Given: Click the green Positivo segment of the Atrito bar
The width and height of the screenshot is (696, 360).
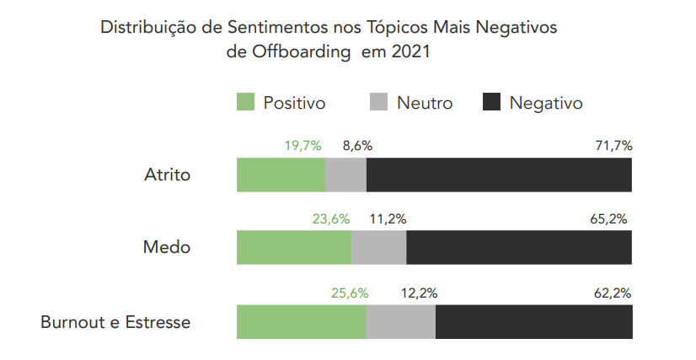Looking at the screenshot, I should tap(281, 175).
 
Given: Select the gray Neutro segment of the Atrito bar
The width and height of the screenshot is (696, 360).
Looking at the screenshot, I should tap(345, 175).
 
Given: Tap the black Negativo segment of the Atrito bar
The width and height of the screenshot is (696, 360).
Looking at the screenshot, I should tap(499, 175).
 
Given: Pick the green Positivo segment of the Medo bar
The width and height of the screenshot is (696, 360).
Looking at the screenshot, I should tap(294, 248).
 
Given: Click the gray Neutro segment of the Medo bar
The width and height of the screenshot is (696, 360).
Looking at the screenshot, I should tap(378, 248).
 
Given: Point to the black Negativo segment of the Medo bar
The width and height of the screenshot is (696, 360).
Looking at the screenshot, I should tap(519, 248).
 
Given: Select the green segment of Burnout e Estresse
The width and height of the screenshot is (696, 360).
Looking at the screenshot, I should tap(301, 321).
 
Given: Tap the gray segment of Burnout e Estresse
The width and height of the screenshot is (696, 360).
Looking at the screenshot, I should tap(400, 321).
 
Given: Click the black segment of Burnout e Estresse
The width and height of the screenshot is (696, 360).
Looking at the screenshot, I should tap(533, 321).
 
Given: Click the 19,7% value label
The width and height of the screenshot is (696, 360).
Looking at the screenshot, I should tap(302, 145).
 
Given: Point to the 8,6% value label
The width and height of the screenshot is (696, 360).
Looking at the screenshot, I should tap(356, 145).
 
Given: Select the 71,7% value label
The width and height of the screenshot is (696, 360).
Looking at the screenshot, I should tap(613, 145).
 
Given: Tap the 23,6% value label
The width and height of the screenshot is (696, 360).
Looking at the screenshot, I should tap(330, 218).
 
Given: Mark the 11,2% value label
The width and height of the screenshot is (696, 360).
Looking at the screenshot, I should tap(388, 218).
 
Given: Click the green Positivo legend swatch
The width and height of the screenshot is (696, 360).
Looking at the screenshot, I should tap(245, 103).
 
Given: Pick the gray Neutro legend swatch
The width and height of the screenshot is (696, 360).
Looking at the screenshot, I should tap(378, 103).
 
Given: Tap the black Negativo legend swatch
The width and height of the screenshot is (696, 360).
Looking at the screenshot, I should tap(491, 103).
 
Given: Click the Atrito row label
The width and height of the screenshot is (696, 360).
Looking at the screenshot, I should tap(168, 175).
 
